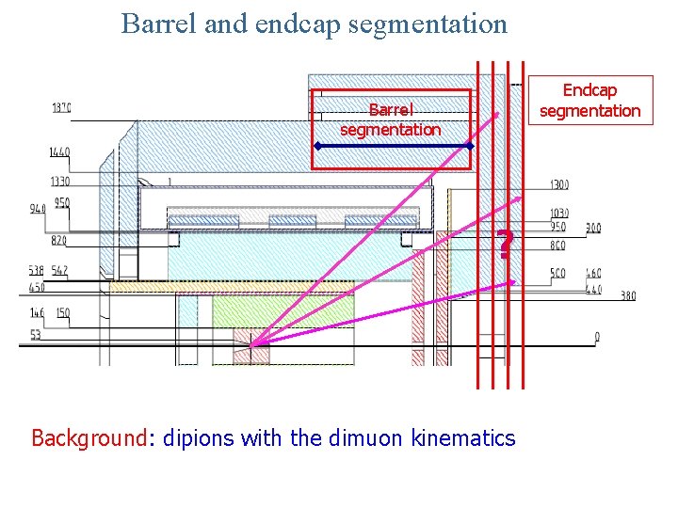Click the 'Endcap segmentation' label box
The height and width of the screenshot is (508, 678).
click(589, 100)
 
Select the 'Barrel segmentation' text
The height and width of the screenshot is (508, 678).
click(390, 120)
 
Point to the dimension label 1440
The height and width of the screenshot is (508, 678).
click(59, 151)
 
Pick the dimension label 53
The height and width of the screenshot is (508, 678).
click(35, 334)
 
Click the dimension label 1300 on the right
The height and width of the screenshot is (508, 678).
click(559, 184)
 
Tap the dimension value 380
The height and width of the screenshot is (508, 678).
click(628, 296)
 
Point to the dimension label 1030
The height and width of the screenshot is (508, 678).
click(560, 214)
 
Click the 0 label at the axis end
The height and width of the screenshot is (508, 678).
click(597, 336)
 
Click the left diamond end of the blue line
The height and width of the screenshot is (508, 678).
click(318, 147)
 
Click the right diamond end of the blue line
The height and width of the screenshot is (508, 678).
click(469, 147)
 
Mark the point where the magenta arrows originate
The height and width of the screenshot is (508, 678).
click(251, 348)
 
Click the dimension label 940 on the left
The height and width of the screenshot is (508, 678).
click(37, 209)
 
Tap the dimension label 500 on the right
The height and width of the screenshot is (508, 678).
click(559, 273)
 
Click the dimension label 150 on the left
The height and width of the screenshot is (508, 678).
click(62, 312)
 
